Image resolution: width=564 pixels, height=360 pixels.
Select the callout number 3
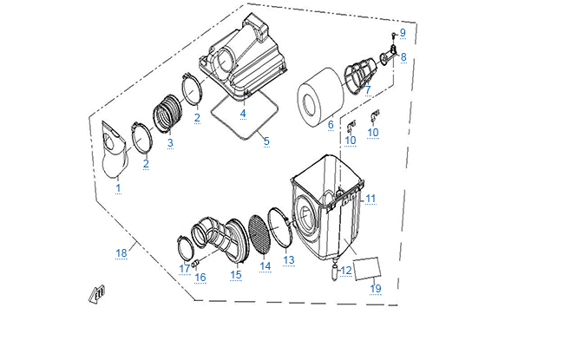click(170, 143)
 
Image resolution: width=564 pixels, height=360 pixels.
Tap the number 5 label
click(266, 141)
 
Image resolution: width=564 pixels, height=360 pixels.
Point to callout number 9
click(402, 33)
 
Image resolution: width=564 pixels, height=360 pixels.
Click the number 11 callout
click(370, 200)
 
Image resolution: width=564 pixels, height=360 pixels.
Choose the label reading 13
click(289, 259)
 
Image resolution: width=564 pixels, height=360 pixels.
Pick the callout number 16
click(200, 278)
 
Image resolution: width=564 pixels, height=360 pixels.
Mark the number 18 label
click(121, 252)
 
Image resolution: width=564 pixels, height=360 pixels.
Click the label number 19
click(376, 288)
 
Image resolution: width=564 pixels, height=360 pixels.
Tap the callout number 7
click(367, 90)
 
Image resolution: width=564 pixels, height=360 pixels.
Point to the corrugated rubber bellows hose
click(167, 114)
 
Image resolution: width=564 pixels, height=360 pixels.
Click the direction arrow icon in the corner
click(94, 294)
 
